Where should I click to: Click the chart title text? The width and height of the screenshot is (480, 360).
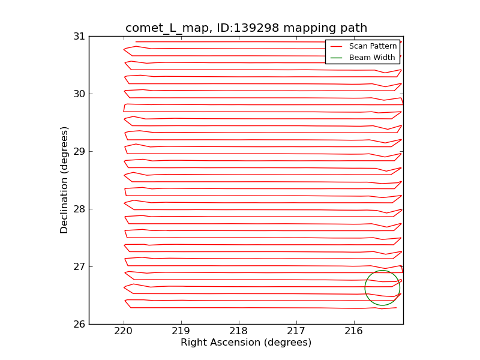[x=246, y=28]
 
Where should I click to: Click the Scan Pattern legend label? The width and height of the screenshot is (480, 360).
[x=373, y=46]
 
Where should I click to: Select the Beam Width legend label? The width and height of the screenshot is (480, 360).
[x=372, y=58]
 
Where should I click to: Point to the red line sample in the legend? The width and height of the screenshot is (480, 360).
[x=336, y=46]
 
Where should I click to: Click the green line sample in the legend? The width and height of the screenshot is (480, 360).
[x=336, y=58]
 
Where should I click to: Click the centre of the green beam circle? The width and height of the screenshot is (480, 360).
[x=382, y=288]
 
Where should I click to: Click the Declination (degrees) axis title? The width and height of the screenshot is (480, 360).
[x=65, y=180]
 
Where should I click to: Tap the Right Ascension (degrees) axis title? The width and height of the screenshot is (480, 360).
[x=246, y=343]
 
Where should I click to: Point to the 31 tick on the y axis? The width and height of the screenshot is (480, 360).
[x=79, y=36]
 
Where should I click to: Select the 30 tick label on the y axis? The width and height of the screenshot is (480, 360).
[x=79, y=94]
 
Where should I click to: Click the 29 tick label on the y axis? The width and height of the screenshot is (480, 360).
[x=79, y=151]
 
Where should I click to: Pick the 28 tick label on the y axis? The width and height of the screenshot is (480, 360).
[x=79, y=209]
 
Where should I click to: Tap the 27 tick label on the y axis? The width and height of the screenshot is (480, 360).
[x=79, y=266]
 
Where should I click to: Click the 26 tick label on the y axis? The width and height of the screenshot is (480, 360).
[x=79, y=324]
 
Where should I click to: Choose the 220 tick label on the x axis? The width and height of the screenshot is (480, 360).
[x=124, y=332]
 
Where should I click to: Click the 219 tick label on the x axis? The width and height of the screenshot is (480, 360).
[x=181, y=332]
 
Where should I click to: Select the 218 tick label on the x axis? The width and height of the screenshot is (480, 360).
[x=239, y=332]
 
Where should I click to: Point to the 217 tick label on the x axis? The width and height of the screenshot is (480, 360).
[x=296, y=332]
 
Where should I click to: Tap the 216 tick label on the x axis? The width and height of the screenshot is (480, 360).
[x=354, y=332]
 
